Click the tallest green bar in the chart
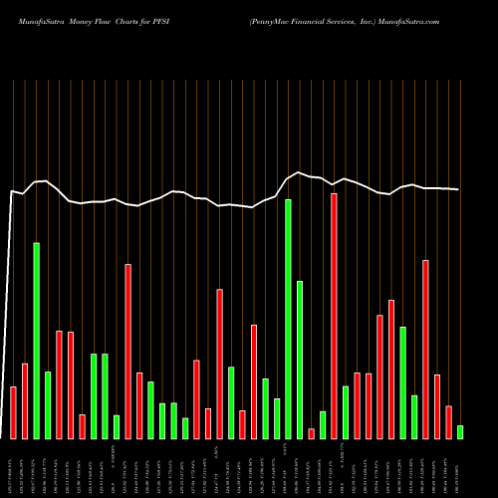(x=288, y=319)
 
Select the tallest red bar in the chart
(x=334, y=316)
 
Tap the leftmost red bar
(x=13, y=412)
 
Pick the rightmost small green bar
(x=460, y=431)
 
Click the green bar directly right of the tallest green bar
(x=299, y=360)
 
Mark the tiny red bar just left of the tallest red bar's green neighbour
(x=311, y=433)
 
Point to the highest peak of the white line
(x=299, y=172)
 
